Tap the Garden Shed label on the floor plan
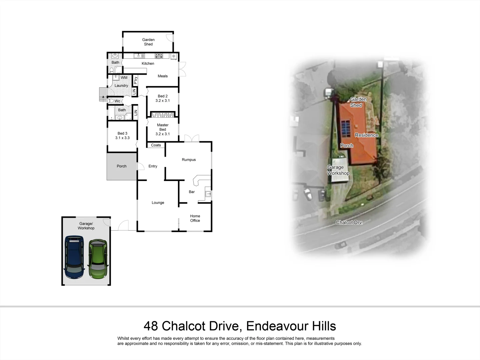(148, 42)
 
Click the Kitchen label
(148, 64)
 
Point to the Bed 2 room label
(163, 98)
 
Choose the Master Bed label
(163, 129)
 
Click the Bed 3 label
(122, 136)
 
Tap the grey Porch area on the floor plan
(121, 166)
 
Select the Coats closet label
(156, 145)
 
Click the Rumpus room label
(189, 160)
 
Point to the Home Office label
(195, 218)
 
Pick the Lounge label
(158, 203)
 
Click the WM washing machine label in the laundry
(124, 78)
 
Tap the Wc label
(117, 101)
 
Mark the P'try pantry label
(135, 80)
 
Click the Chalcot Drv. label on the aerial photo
(349, 222)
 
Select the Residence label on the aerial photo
(366, 135)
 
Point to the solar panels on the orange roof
(345, 129)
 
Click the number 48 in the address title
(151, 326)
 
